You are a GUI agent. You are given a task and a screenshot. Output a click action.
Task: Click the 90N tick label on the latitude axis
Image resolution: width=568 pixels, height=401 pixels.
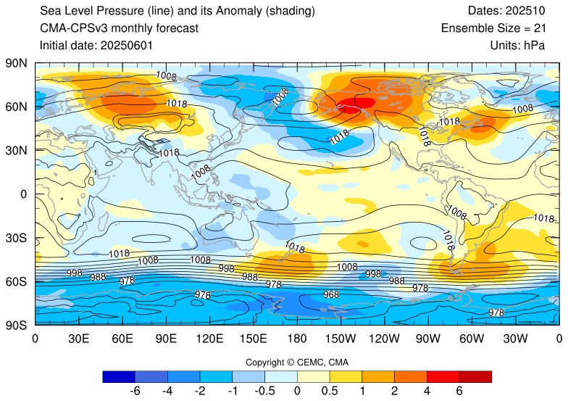(x=16, y=63)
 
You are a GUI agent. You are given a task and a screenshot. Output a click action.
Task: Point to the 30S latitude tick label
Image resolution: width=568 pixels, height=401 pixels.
(x=16, y=238)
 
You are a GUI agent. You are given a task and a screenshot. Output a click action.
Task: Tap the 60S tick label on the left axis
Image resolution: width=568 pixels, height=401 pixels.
(x=16, y=281)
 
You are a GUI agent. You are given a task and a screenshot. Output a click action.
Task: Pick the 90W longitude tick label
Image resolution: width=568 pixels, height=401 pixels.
(x=427, y=338)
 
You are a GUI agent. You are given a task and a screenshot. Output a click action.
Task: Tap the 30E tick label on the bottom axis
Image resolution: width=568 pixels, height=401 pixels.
(x=78, y=338)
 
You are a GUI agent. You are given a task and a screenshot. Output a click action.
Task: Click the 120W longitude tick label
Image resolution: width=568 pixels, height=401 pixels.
(x=384, y=338)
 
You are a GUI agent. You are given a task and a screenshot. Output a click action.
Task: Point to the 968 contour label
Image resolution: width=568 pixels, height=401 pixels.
(x=330, y=295)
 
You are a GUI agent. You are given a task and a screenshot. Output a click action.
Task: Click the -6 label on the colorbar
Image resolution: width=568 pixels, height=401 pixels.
(x=134, y=391)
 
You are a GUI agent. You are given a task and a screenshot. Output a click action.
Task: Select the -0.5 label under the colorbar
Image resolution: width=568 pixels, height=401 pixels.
(x=264, y=391)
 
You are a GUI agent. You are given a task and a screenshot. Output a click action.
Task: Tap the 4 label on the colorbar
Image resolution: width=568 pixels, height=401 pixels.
(x=427, y=391)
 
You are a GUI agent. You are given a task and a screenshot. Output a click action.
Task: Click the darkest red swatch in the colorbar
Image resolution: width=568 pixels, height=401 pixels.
(x=475, y=376)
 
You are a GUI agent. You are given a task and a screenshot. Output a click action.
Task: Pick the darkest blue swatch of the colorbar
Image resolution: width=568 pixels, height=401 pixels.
(x=118, y=376)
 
